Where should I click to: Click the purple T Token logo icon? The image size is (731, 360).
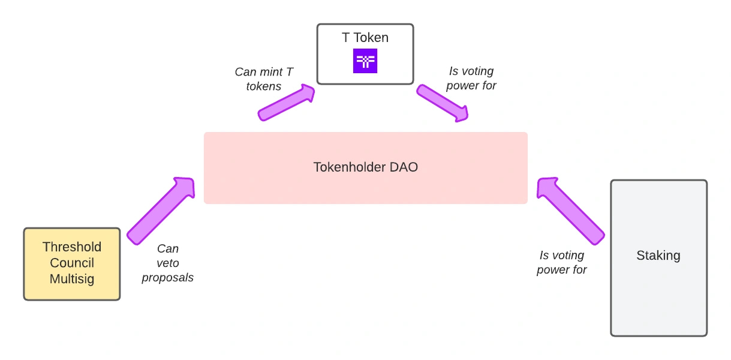coord(365,61)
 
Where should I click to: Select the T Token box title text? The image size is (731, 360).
coord(365,38)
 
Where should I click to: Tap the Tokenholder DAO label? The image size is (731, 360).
coord(365,167)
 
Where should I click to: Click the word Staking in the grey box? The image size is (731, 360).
coord(658,256)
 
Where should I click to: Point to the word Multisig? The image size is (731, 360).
coord(72,279)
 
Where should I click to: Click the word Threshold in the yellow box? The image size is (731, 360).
coord(72,247)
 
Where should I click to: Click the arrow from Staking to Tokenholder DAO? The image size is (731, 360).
coord(570,211)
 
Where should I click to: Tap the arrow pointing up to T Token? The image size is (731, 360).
coord(287,103)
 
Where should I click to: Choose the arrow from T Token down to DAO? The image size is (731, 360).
coord(443,103)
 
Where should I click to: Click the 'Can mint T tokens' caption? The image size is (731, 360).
coord(264,79)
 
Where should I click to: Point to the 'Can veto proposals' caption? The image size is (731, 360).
coord(168,263)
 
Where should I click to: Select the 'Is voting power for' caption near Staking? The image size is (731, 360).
coord(562,263)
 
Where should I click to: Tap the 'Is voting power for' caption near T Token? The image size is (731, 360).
coord(471,79)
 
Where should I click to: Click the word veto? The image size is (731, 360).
coord(168,263)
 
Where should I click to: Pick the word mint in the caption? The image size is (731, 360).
coord(267,72)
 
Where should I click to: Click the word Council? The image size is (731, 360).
coord(72,263)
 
